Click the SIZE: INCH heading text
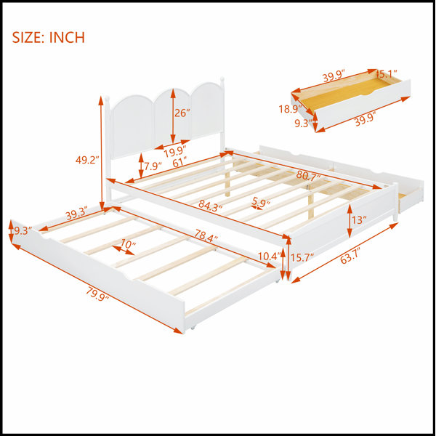click(49, 38)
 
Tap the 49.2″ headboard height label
click(87, 160)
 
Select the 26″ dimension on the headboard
click(182, 113)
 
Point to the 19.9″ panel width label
click(174, 152)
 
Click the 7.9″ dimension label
click(153, 166)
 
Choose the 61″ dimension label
click(179, 162)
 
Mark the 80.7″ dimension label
click(308, 175)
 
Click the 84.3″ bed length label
click(211, 206)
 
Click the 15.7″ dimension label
click(302, 257)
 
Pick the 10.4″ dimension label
click(268, 256)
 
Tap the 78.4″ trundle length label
click(206, 235)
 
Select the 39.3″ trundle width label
click(76, 213)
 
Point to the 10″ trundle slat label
click(128, 244)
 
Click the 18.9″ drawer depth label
click(291, 109)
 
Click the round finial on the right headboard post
click(222, 78)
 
